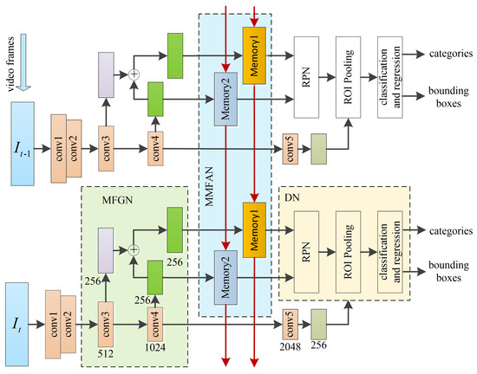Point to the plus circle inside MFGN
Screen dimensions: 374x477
pos(134,250)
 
